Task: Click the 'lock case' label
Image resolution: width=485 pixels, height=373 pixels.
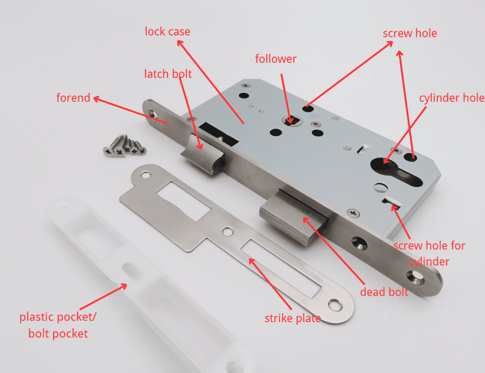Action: [167, 32]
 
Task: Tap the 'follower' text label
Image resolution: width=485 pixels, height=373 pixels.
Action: [276, 59]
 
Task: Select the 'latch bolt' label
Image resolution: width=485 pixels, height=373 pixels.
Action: [168, 74]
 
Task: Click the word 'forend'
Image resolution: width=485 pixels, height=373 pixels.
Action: [73, 98]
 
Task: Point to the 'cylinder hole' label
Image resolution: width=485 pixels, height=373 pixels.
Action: [451, 98]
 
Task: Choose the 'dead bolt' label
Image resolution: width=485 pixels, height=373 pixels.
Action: [384, 292]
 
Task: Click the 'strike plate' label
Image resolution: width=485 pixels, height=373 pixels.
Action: [292, 318]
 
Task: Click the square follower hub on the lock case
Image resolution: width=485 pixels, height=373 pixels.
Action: [291, 120]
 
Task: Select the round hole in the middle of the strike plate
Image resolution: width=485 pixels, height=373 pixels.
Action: [229, 232]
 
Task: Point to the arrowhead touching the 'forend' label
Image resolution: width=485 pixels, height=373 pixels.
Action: [95, 99]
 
